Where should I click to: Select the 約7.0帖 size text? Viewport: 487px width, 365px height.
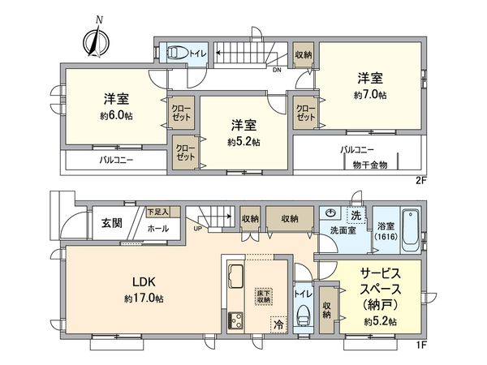tap(370, 95)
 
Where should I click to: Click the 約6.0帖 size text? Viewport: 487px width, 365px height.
tap(116, 115)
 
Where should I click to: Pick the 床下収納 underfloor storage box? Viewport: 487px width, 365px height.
tap(264, 296)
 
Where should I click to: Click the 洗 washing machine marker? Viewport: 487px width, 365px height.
tap(356, 215)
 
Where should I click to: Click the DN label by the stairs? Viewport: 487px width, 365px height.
tap(277, 69)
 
